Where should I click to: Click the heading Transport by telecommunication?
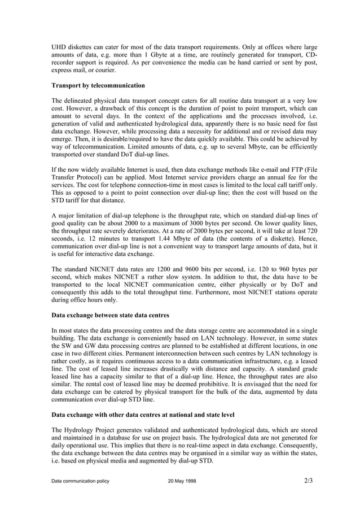[98, 85]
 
